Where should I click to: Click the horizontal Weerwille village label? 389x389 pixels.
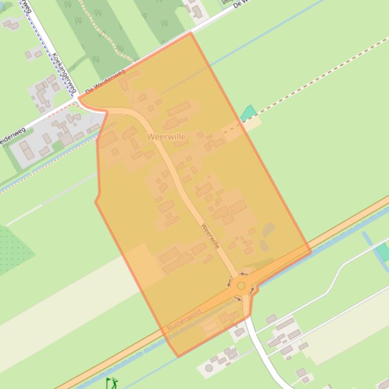166,137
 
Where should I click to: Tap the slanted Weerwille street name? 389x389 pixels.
210,235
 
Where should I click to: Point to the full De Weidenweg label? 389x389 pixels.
105,82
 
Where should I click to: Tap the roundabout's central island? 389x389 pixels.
241,286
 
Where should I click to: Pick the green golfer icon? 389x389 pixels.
112,383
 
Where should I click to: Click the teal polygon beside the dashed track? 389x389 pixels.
248,113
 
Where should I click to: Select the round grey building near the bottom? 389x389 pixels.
209,368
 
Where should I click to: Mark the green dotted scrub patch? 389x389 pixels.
13,250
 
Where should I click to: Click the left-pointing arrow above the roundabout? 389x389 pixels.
243,274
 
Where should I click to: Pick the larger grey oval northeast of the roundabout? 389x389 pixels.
269,230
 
